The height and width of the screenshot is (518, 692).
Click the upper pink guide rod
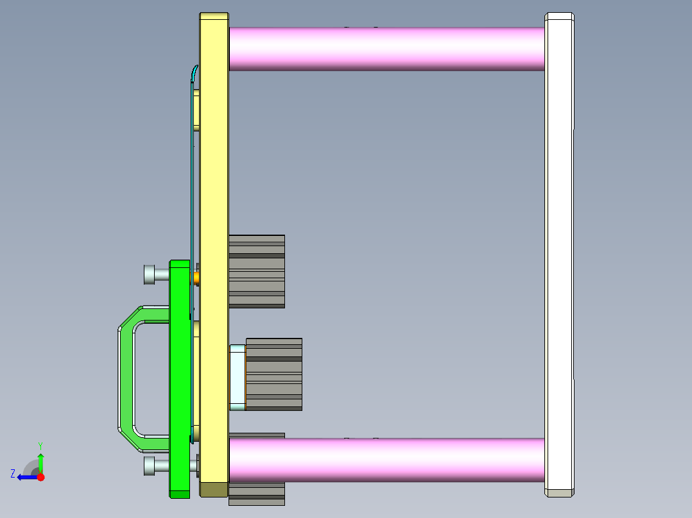(385, 49)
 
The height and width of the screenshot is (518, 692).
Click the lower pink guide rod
(385, 459)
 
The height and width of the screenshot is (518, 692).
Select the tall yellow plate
(214, 192)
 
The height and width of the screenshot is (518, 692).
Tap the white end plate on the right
(558, 256)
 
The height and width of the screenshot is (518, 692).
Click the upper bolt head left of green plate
(149, 275)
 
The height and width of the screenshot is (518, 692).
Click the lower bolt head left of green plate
(149, 465)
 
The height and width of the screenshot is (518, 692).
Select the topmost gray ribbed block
(257, 271)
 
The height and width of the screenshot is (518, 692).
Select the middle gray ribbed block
(274, 374)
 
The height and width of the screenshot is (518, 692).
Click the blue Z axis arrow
(26, 477)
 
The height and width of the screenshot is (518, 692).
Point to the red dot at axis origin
(40, 477)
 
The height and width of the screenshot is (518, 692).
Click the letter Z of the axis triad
(12, 473)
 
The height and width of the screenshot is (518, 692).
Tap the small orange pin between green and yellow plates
(196, 278)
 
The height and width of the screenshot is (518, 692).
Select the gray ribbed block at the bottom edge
(257, 494)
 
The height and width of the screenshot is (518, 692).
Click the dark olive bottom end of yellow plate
(214, 490)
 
